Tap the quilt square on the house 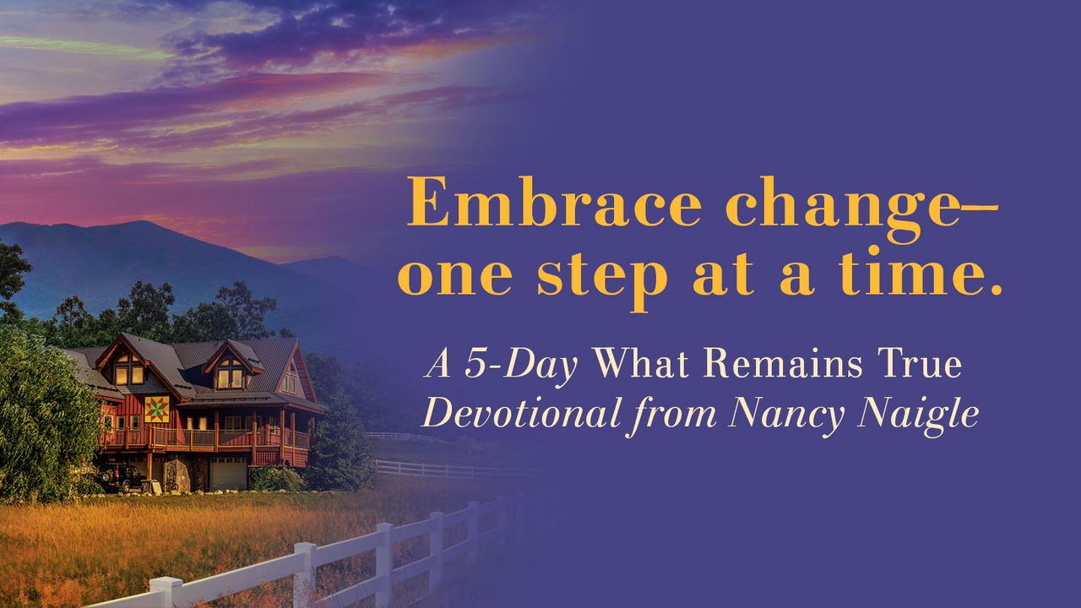(x=156, y=410)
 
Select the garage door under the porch (x=228, y=474)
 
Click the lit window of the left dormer (x=128, y=372)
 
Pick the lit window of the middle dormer (x=230, y=377)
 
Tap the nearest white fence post (x=166, y=592)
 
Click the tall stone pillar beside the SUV (x=177, y=475)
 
